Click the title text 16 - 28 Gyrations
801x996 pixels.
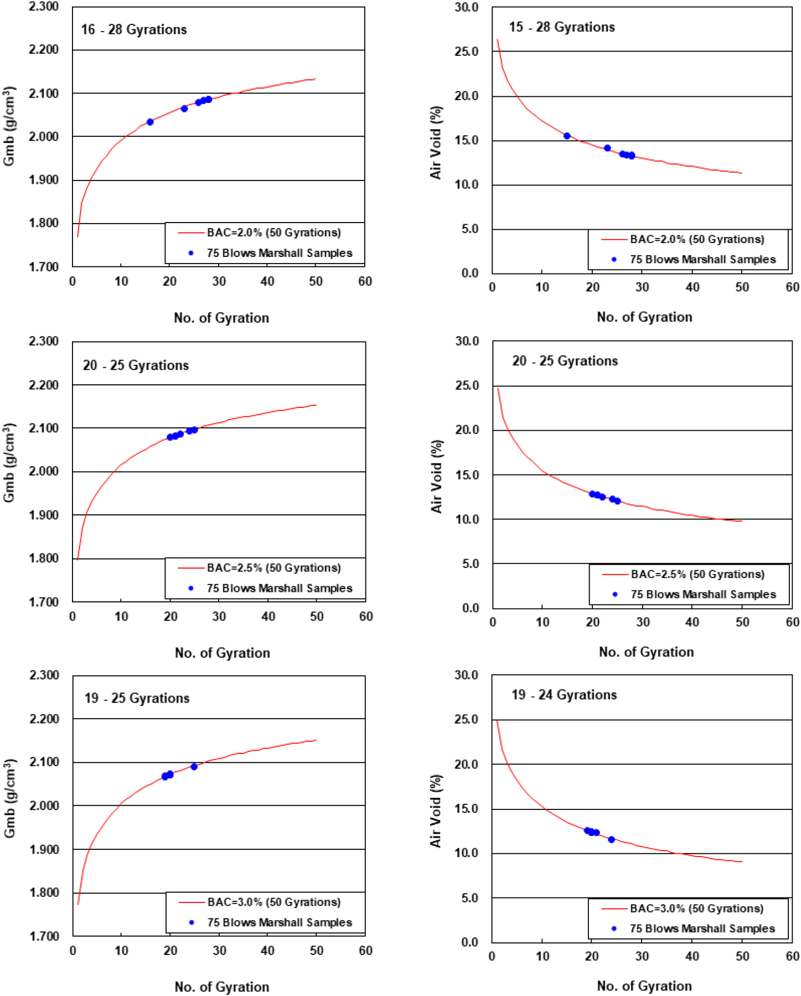point(134,29)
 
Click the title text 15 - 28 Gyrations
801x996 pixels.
point(562,27)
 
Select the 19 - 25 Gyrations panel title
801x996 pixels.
point(137,698)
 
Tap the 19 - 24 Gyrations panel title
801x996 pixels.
point(564,695)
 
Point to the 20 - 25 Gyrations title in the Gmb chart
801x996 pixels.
point(136,365)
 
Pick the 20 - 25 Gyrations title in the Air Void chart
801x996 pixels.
point(565,361)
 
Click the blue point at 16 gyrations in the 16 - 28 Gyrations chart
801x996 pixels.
point(150,122)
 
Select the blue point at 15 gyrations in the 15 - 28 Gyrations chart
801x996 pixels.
point(567,136)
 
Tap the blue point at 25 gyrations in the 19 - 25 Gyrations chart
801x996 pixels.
point(194,767)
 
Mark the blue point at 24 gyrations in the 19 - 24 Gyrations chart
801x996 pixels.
point(612,839)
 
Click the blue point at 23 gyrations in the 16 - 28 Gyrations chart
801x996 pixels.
point(184,109)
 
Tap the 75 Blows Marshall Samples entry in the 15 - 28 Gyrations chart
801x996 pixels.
point(702,260)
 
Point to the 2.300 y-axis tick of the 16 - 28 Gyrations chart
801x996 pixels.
point(44,7)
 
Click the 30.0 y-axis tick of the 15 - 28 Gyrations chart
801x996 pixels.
point(467,7)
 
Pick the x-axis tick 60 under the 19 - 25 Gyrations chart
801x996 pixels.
point(365,951)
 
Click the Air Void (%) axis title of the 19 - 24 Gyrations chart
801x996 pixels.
point(436,811)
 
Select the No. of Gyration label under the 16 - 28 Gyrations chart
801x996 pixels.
point(221,318)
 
